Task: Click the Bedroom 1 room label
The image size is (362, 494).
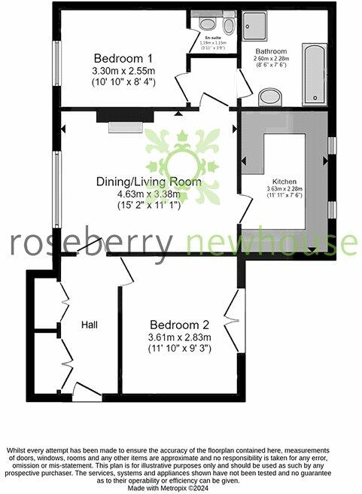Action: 123,58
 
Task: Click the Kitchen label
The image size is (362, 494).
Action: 285,181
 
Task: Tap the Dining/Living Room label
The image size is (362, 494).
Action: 148,181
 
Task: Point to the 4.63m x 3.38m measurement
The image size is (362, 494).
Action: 148,194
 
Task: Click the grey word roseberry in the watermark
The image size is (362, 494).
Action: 91,242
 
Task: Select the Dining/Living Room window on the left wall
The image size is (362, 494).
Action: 56,188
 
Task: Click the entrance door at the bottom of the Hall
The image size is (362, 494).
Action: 84,389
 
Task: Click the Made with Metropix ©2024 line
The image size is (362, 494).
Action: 181,488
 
